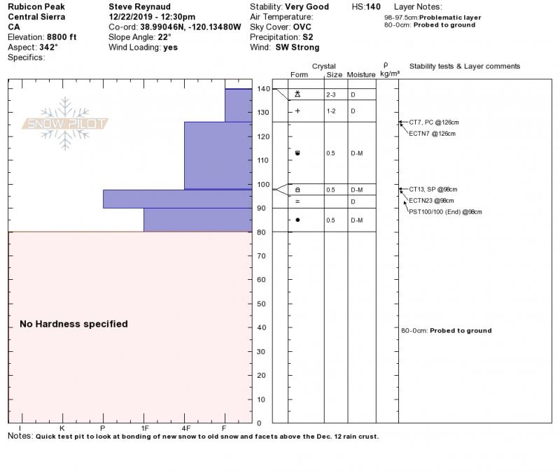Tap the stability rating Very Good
coord(307,6)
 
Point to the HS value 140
coord(374,6)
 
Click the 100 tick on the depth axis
coord(261,184)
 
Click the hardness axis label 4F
coord(185,428)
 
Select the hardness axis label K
coord(62,428)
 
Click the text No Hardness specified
coord(73,324)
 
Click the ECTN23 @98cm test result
coord(432,200)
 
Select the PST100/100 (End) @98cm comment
coord(446,211)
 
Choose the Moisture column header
coord(361,74)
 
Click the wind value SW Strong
coord(297,48)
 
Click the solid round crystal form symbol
coord(297,220)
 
